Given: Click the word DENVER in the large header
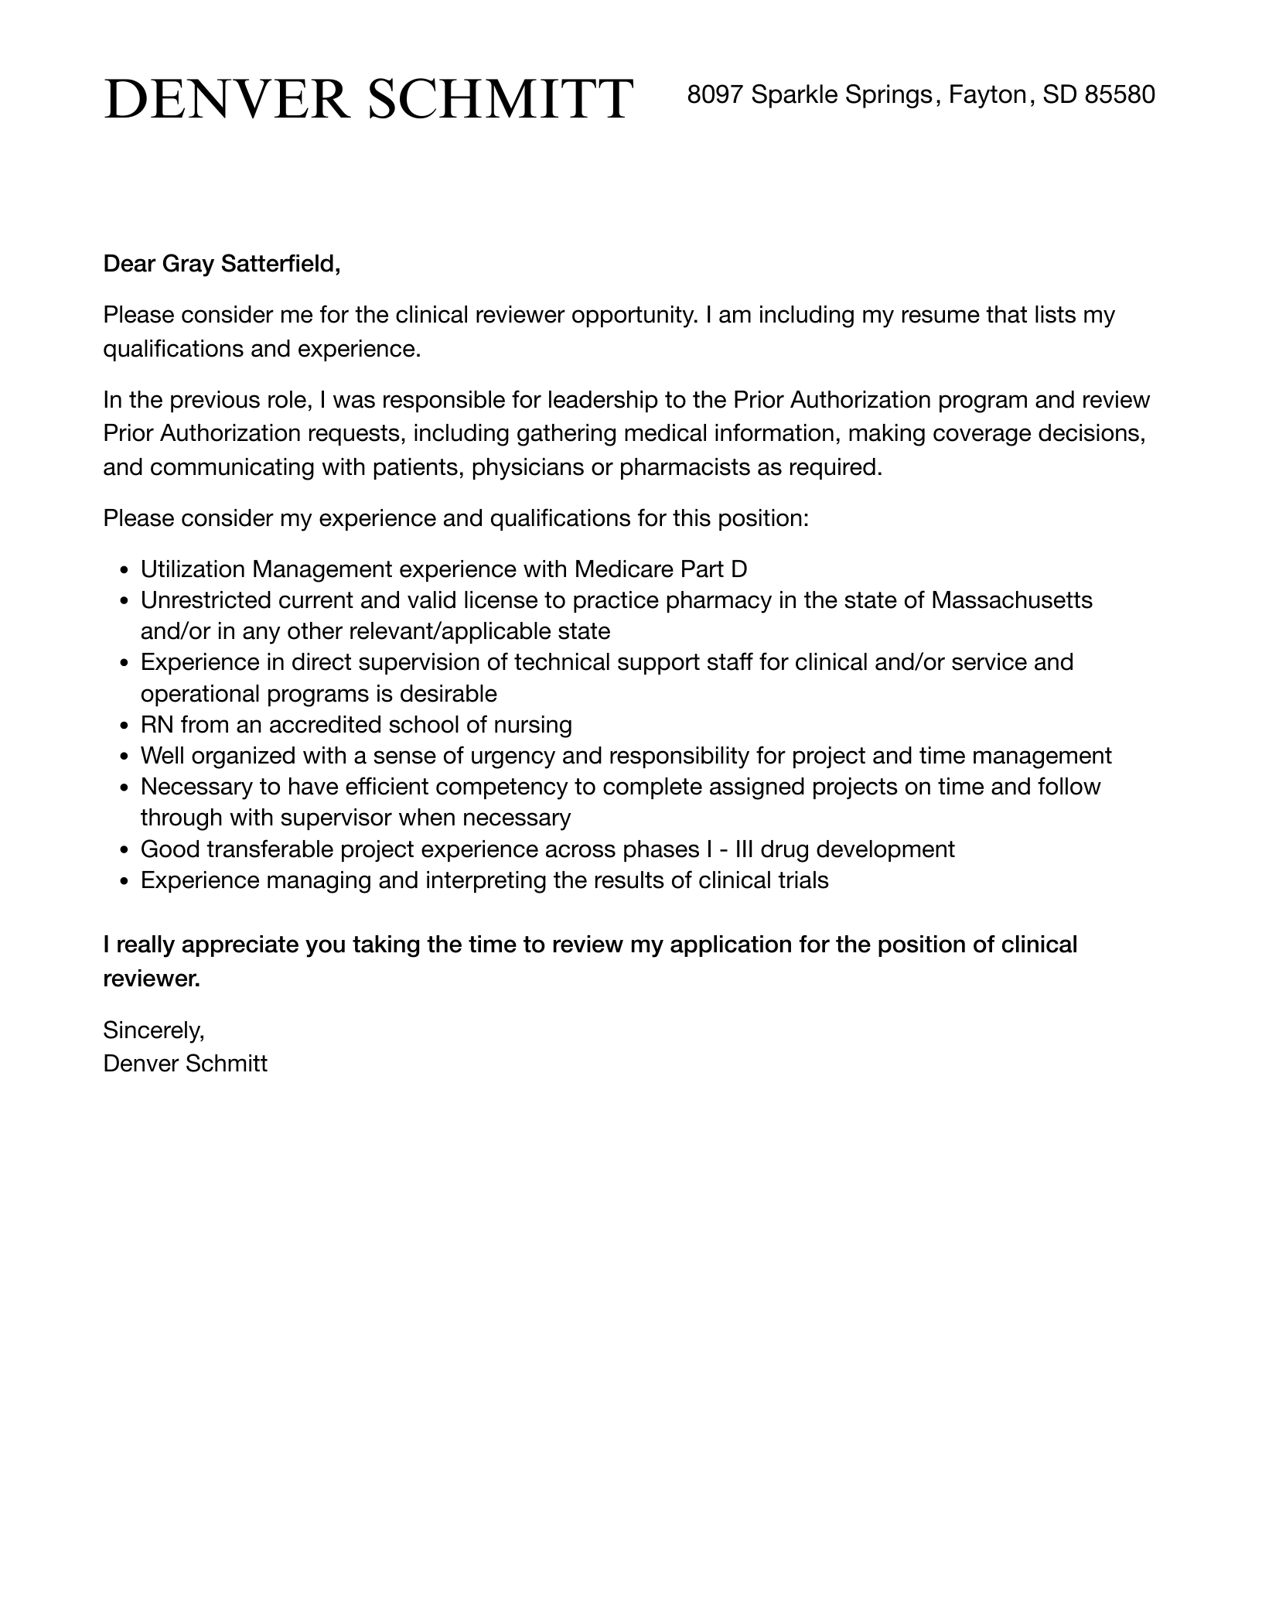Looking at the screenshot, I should [227, 99].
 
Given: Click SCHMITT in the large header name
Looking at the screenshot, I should [500, 99].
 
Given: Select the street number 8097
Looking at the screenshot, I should [715, 94].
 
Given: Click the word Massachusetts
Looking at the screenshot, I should [1011, 600].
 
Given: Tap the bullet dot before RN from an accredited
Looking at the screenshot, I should [125, 726].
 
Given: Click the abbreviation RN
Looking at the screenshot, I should [157, 725].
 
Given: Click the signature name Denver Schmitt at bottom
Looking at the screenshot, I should [185, 1064].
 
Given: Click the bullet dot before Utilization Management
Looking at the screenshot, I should [125, 571].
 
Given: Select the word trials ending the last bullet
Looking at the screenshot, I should [803, 880].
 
